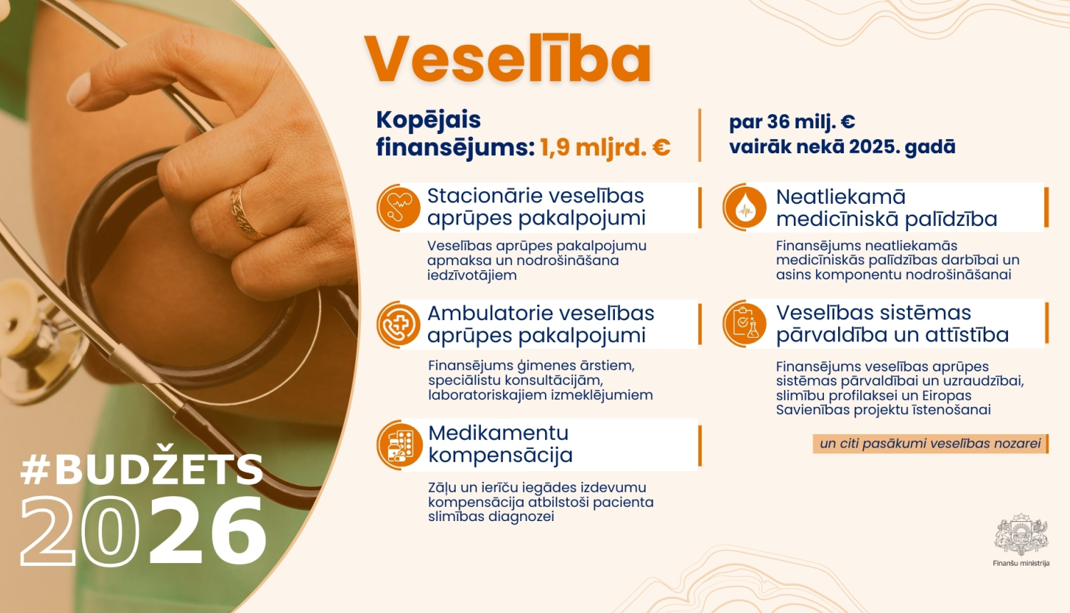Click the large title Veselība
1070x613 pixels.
click(x=507, y=60)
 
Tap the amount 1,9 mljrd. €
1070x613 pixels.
click(x=604, y=148)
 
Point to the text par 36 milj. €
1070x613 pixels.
click(x=792, y=122)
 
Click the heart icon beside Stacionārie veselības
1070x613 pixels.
click(x=398, y=207)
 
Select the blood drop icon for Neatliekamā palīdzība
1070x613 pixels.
click(x=744, y=207)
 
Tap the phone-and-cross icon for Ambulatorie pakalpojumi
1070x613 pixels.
click(x=398, y=324)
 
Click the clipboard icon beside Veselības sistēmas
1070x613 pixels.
click(x=744, y=324)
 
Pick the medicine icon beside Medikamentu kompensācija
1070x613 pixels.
click(x=399, y=445)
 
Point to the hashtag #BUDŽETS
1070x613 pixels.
click(x=142, y=469)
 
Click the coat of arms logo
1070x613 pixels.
click(x=1021, y=534)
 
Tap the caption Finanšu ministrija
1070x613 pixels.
click(x=1021, y=563)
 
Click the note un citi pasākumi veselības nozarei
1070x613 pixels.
click(x=929, y=443)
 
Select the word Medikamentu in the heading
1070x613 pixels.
click(x=498, y=433)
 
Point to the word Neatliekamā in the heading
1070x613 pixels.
click(x=840, y=197)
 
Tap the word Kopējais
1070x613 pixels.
click(x=428, y=120)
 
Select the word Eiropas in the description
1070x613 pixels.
click(x=947, y=396)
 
